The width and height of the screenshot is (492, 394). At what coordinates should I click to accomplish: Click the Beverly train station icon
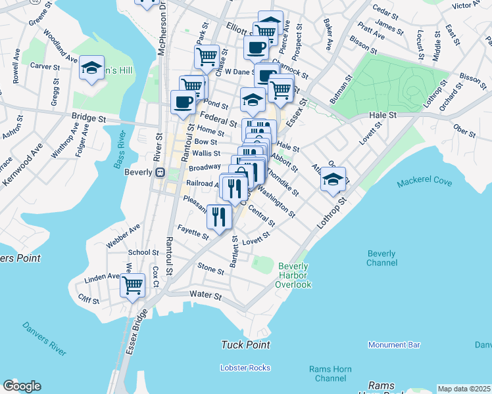tap(159, 173)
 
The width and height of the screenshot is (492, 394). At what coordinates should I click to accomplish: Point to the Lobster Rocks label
tap(245, 368)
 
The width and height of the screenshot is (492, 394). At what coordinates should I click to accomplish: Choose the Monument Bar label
tap(394, 345)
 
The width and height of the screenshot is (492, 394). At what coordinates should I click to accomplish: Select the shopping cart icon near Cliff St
tap(133, 285)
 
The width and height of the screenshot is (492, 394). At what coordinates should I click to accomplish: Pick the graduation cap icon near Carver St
tap(91, 68)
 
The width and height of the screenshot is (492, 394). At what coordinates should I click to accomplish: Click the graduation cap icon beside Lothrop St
tap(333, 179)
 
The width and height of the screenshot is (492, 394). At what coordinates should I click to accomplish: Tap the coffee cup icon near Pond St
tap(183, 101)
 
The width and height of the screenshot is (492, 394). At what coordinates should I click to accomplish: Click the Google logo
tap(22, 386)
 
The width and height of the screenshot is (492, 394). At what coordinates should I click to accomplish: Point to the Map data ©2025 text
tap(464, 389)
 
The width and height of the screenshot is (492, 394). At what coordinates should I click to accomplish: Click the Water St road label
tap(205, 296)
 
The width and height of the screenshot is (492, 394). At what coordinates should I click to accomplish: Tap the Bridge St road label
tap(89, 120)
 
